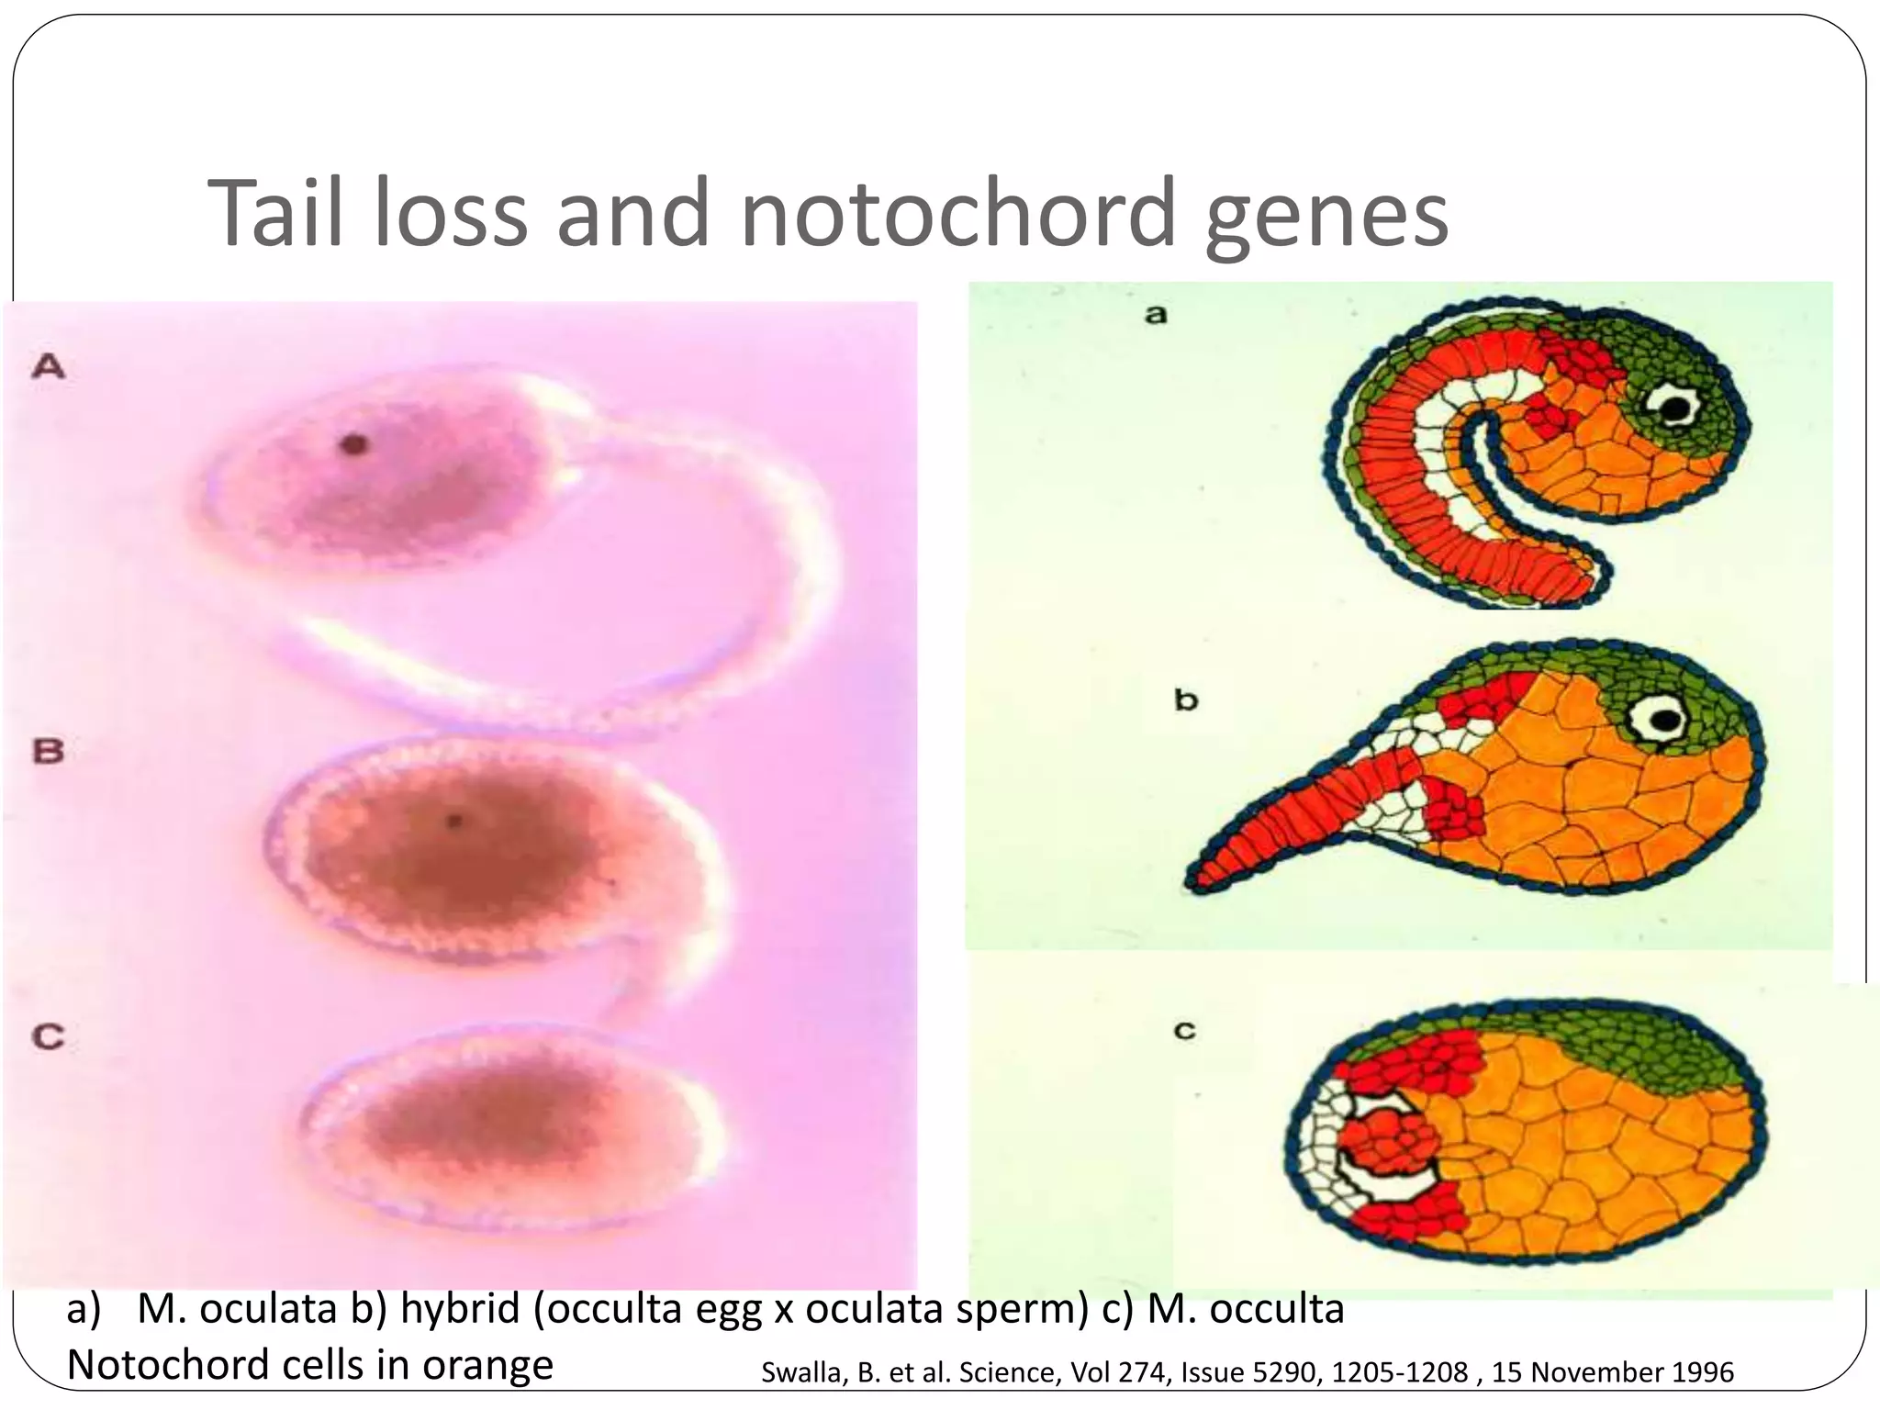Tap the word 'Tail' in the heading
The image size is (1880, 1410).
[274, 213]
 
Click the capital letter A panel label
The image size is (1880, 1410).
[49, 367]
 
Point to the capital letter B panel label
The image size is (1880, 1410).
[49, 751]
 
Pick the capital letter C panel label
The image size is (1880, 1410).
[49, 1037]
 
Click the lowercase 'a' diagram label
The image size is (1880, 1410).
[1156, 315]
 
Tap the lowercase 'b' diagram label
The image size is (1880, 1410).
[1186, 700]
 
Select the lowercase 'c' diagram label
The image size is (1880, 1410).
[1185, 1031]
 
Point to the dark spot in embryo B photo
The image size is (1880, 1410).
[453, 820]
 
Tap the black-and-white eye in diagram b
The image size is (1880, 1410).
[1661, 720]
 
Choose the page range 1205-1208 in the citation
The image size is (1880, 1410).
[1400, 1372]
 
